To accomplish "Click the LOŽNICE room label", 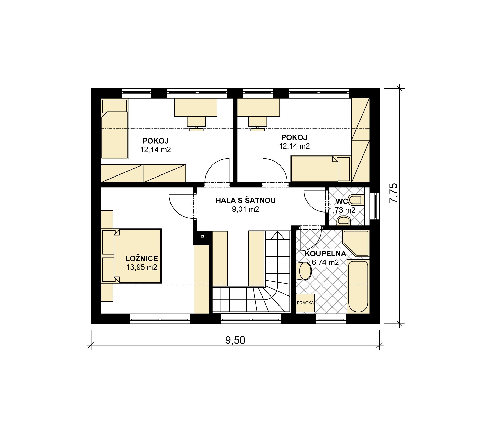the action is click(142, 258).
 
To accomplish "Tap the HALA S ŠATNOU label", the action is click(246, 200).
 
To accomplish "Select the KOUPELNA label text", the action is click(325, 254).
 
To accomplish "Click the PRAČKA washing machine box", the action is click(305, 303).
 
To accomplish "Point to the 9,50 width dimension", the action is click(235, 340).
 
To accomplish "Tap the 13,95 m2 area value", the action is click(142, 267).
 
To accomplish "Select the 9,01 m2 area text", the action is click(246, 209).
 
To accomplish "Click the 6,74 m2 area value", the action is click(325, 262).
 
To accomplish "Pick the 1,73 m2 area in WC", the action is click(342, 210).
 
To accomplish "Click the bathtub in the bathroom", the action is click(358, 287).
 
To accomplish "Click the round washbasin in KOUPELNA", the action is click(305, 271).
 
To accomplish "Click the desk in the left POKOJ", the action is click(196, 107).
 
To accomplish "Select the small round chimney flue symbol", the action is click(203, 236).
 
